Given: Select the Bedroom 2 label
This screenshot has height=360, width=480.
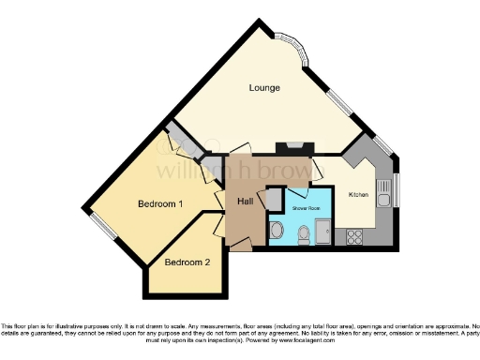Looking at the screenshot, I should coord(187,262).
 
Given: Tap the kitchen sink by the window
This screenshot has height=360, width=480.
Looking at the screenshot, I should coord(383,194).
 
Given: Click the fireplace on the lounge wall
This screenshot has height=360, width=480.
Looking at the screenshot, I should coord(293,146).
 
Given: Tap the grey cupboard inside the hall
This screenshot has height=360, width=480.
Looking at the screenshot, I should coord(274,199).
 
